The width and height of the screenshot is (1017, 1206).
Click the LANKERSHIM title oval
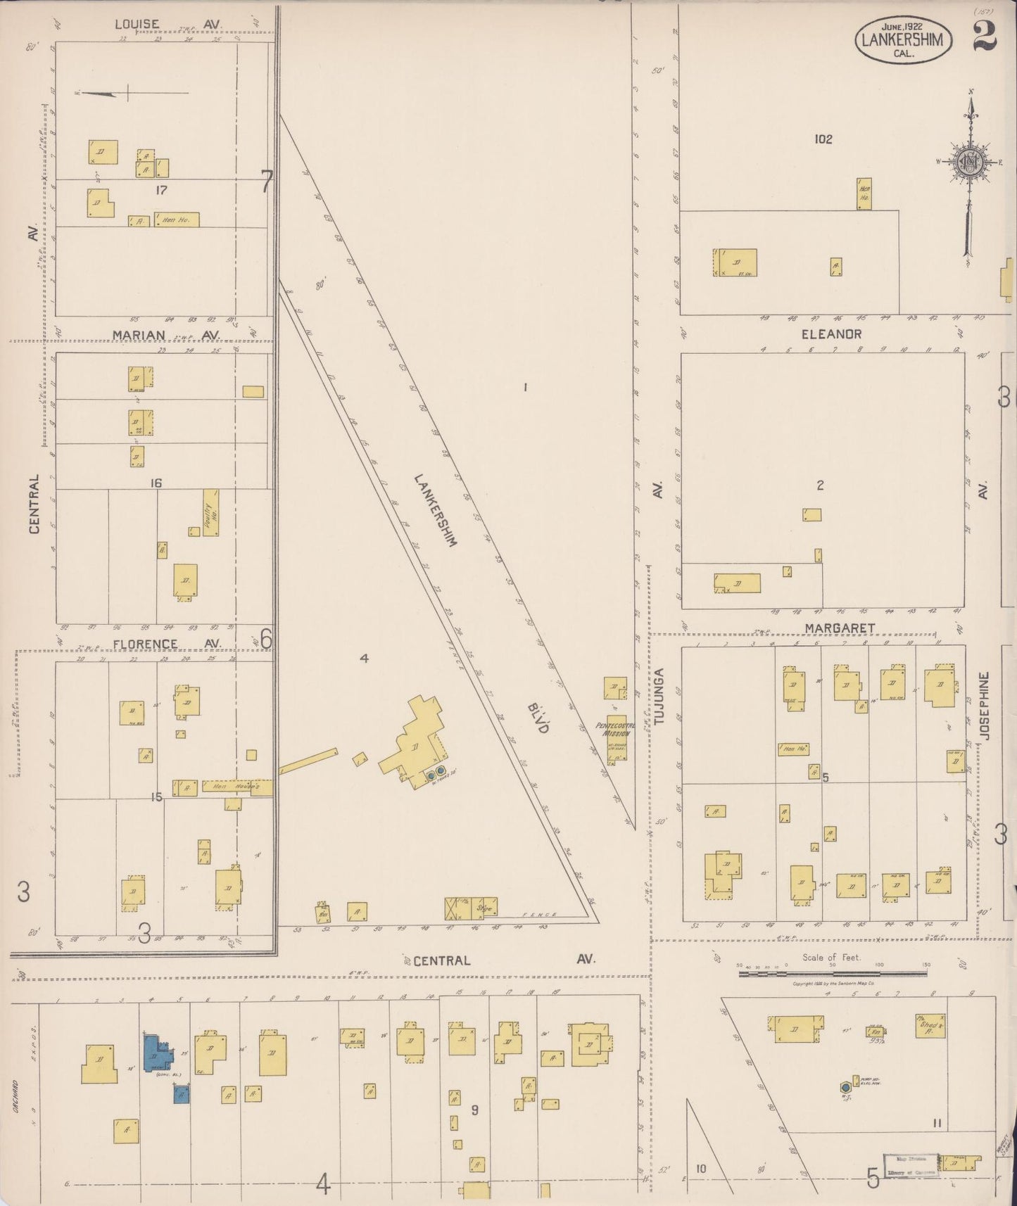point(904,40)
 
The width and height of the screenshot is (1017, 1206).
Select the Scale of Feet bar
point(833,974)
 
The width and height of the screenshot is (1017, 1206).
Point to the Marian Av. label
point(168,335)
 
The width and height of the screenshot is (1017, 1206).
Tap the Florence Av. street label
point(168,644)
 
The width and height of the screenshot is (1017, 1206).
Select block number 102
point(823,139)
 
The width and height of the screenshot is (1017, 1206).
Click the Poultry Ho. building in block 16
point(210,513)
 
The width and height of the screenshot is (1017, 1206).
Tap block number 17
point(161,190)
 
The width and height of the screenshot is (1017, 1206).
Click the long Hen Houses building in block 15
point(232,786)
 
